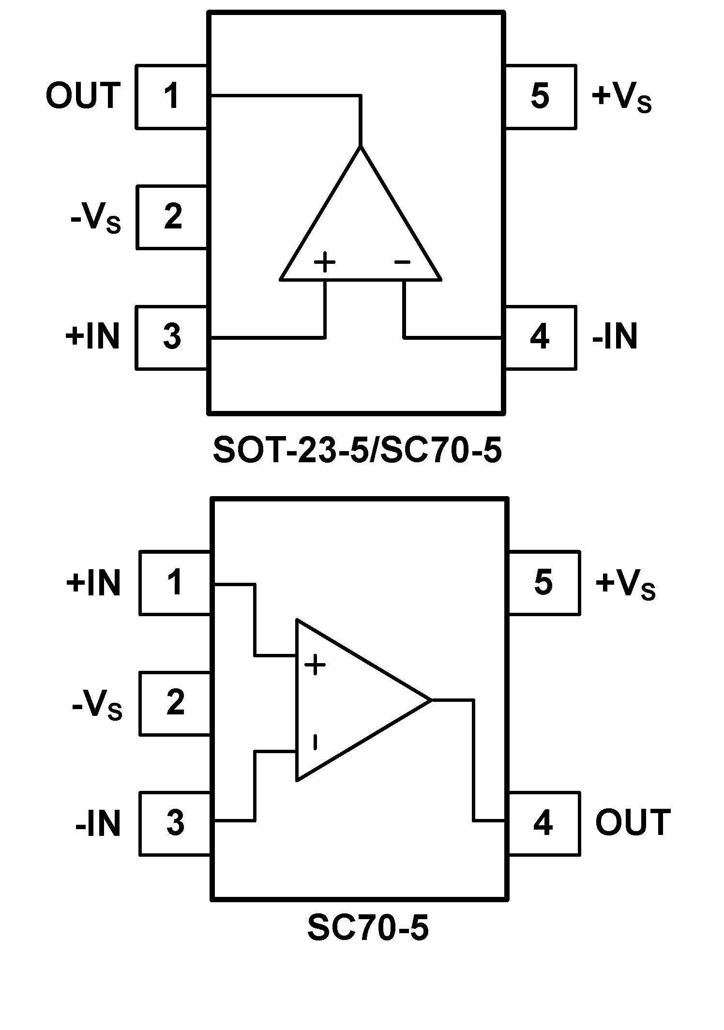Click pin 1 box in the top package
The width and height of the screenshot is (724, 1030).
pyautogui.click(x=172, y=96)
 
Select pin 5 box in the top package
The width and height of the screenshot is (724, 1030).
pyautogui.click(x=541, y=96)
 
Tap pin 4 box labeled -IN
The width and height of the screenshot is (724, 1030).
pyautogui.click(x=541, y=337)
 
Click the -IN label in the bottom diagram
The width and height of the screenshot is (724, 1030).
pyautogui.click(x=98, y=824)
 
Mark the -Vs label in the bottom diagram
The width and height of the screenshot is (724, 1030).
pyautogui.click(x=97, y=705)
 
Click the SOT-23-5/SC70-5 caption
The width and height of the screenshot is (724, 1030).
pyautogui.click(x=357, y=451)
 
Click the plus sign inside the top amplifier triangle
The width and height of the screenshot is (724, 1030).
pyautogui.click(x=325, y=263)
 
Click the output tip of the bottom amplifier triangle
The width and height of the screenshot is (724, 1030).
pyautogui.click(x=430, y=700)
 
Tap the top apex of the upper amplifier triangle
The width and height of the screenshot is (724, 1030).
pyautogui.click(x=360, y=146)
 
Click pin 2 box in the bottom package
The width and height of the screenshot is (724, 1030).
pyautogui.click(x=175, y=703)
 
